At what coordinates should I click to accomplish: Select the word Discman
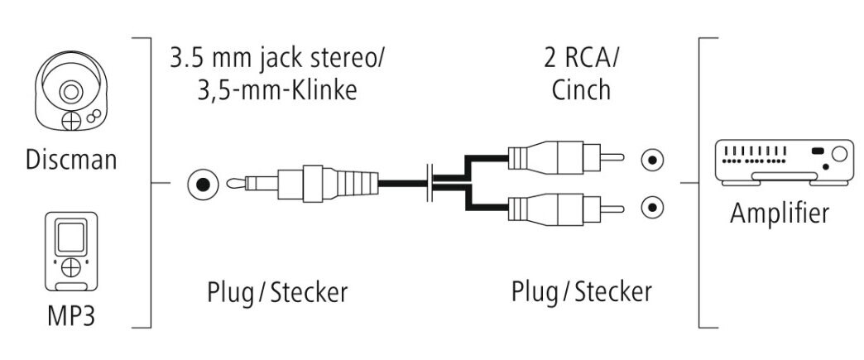pos(70,160)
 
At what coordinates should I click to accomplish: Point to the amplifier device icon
pos(785,161)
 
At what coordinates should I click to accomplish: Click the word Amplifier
pos(779,214)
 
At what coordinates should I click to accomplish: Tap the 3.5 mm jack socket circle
pos(202,183)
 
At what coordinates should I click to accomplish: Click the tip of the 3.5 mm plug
pos(237,183)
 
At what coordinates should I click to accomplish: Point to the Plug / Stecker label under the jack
pos(276,291)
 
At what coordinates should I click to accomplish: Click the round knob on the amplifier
pos(841,153)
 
